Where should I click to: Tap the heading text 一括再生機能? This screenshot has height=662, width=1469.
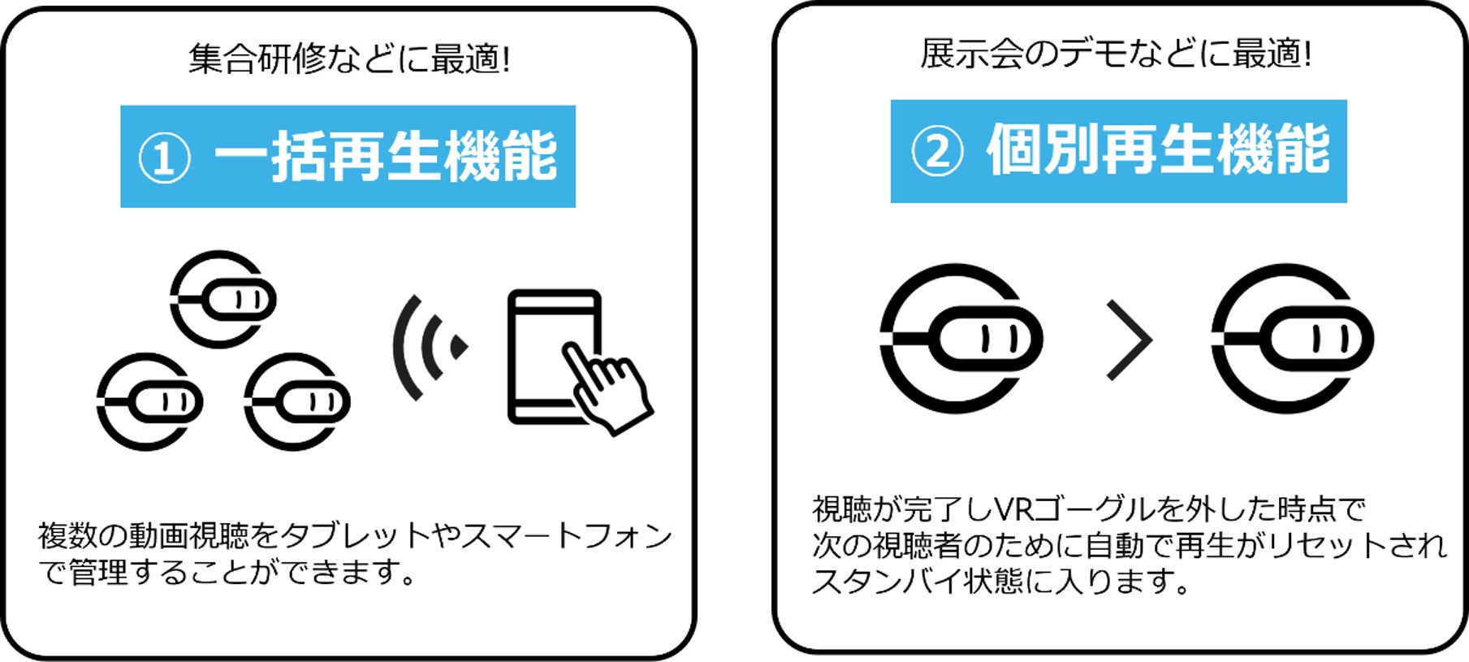tap(386, 157)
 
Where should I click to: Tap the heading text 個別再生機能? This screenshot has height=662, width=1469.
tap(1158, 150)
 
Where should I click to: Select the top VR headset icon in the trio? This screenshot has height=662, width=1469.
tap(222, 299)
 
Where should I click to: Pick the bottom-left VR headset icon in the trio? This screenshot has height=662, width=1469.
tap(149, 401)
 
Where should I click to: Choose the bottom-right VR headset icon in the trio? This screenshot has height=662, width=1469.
tap(296, 401)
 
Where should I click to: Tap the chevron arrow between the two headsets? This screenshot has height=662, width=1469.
tap(1130, 340)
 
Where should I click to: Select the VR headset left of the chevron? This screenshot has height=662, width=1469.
tap(960, 338)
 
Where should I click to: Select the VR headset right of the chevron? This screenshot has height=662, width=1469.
tap(1291, 338)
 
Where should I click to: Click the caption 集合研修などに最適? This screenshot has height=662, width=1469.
tap(349, 59)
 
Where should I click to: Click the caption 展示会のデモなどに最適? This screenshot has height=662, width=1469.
tap(1116, 54)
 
